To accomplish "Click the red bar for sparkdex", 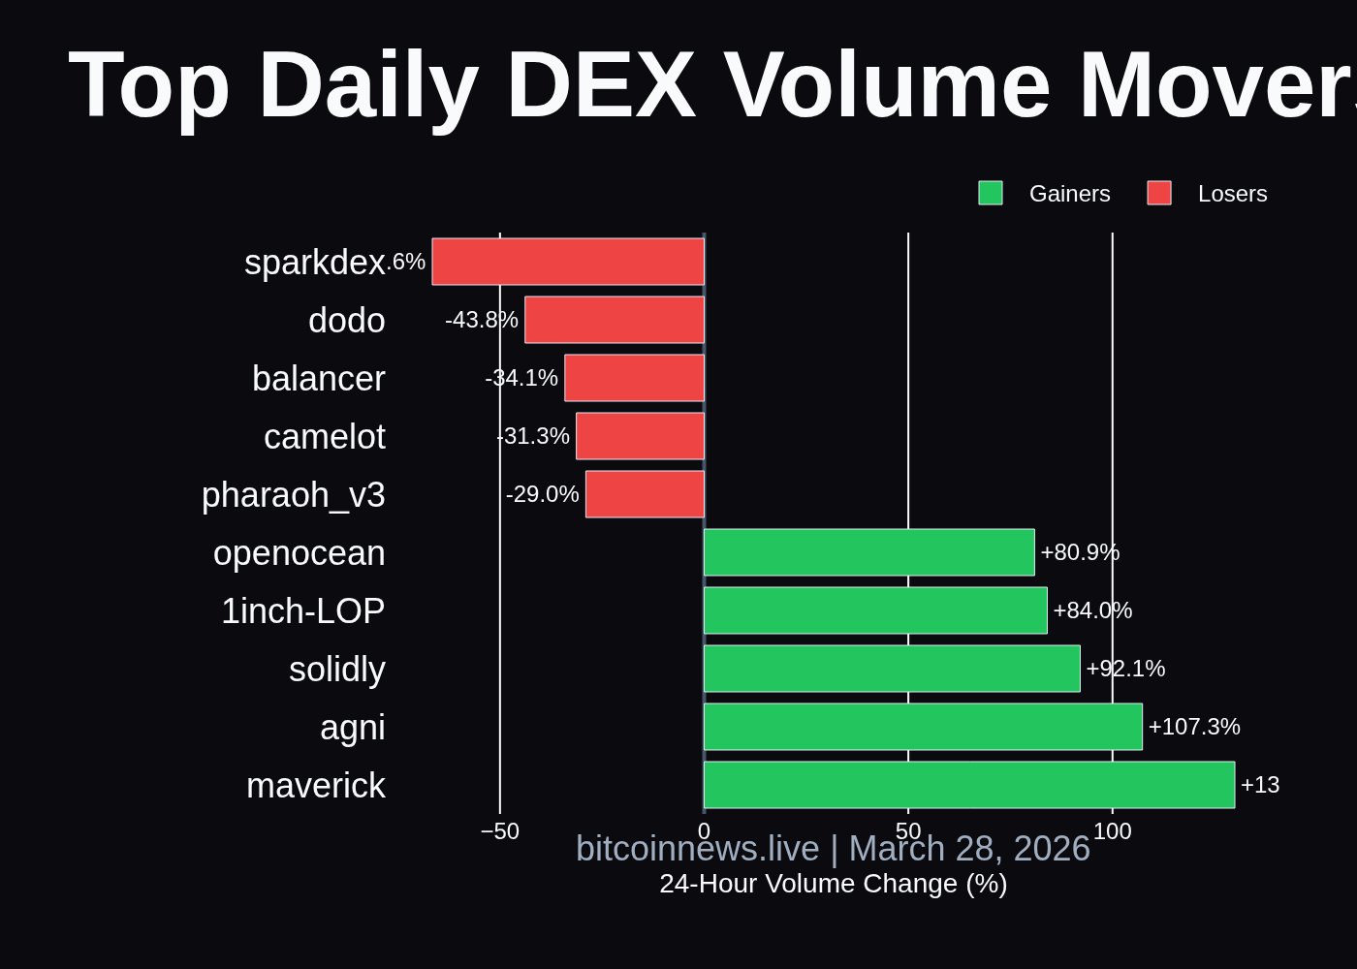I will coord(568,262).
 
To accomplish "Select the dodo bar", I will coord(615,320).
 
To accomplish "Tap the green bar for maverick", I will coord(969,785).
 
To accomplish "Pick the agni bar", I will coord(923,727).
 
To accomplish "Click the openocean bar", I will coord(869,552).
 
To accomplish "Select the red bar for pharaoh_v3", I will coord(645,494).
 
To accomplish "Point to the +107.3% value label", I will coord(1194,727).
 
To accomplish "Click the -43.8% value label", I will coord(482,320).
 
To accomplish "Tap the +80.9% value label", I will coord(1080,552).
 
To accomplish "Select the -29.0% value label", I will coord(542,494).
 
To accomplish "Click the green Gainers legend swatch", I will coord(991,193).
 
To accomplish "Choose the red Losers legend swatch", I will coord(1159,193).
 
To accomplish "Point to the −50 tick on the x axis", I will coord(500,831).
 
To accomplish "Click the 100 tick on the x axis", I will coord(1112,831).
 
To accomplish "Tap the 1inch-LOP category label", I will coord(302,611).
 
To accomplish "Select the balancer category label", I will coord(318,379).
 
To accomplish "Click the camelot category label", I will coord(324,437).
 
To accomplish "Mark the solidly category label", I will coord(336,670).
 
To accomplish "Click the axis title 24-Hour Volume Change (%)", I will coord(833,884).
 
